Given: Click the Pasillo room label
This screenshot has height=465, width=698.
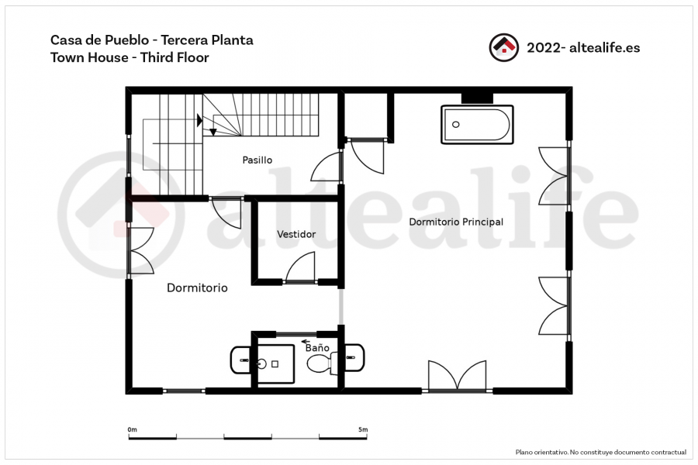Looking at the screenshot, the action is [x=257, y=160].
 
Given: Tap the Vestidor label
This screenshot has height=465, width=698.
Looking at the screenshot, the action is [x=296, y=234].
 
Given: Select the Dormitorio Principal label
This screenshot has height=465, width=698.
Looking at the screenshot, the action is [x=456, y=222].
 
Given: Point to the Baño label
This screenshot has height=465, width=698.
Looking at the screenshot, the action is [x=317, y=347].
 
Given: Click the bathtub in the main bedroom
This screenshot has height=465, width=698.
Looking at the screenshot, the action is [x=477, y=125].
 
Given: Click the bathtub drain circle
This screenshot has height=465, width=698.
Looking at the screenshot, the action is [x=456, y=125].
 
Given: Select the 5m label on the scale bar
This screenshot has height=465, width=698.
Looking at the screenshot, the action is [x=363, y=430].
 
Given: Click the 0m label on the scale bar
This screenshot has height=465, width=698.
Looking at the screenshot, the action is [x=132, y=430].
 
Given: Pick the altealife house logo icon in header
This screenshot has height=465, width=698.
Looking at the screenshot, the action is [x=504, y=47].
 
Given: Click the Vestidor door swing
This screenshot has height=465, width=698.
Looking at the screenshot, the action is [x=300, y=267].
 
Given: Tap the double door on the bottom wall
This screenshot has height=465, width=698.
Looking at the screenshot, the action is [x=457, y=376].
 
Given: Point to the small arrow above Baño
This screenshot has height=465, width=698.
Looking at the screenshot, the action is [x=306, y=342].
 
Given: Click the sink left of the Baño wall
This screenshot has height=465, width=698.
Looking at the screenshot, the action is [x=241, y=360].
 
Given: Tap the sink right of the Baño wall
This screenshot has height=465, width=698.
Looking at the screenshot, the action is [x=354, y=358].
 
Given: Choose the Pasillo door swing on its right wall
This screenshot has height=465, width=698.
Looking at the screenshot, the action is [x=327, y=167].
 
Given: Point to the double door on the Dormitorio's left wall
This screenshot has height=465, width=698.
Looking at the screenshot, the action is [x=142, y=250].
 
